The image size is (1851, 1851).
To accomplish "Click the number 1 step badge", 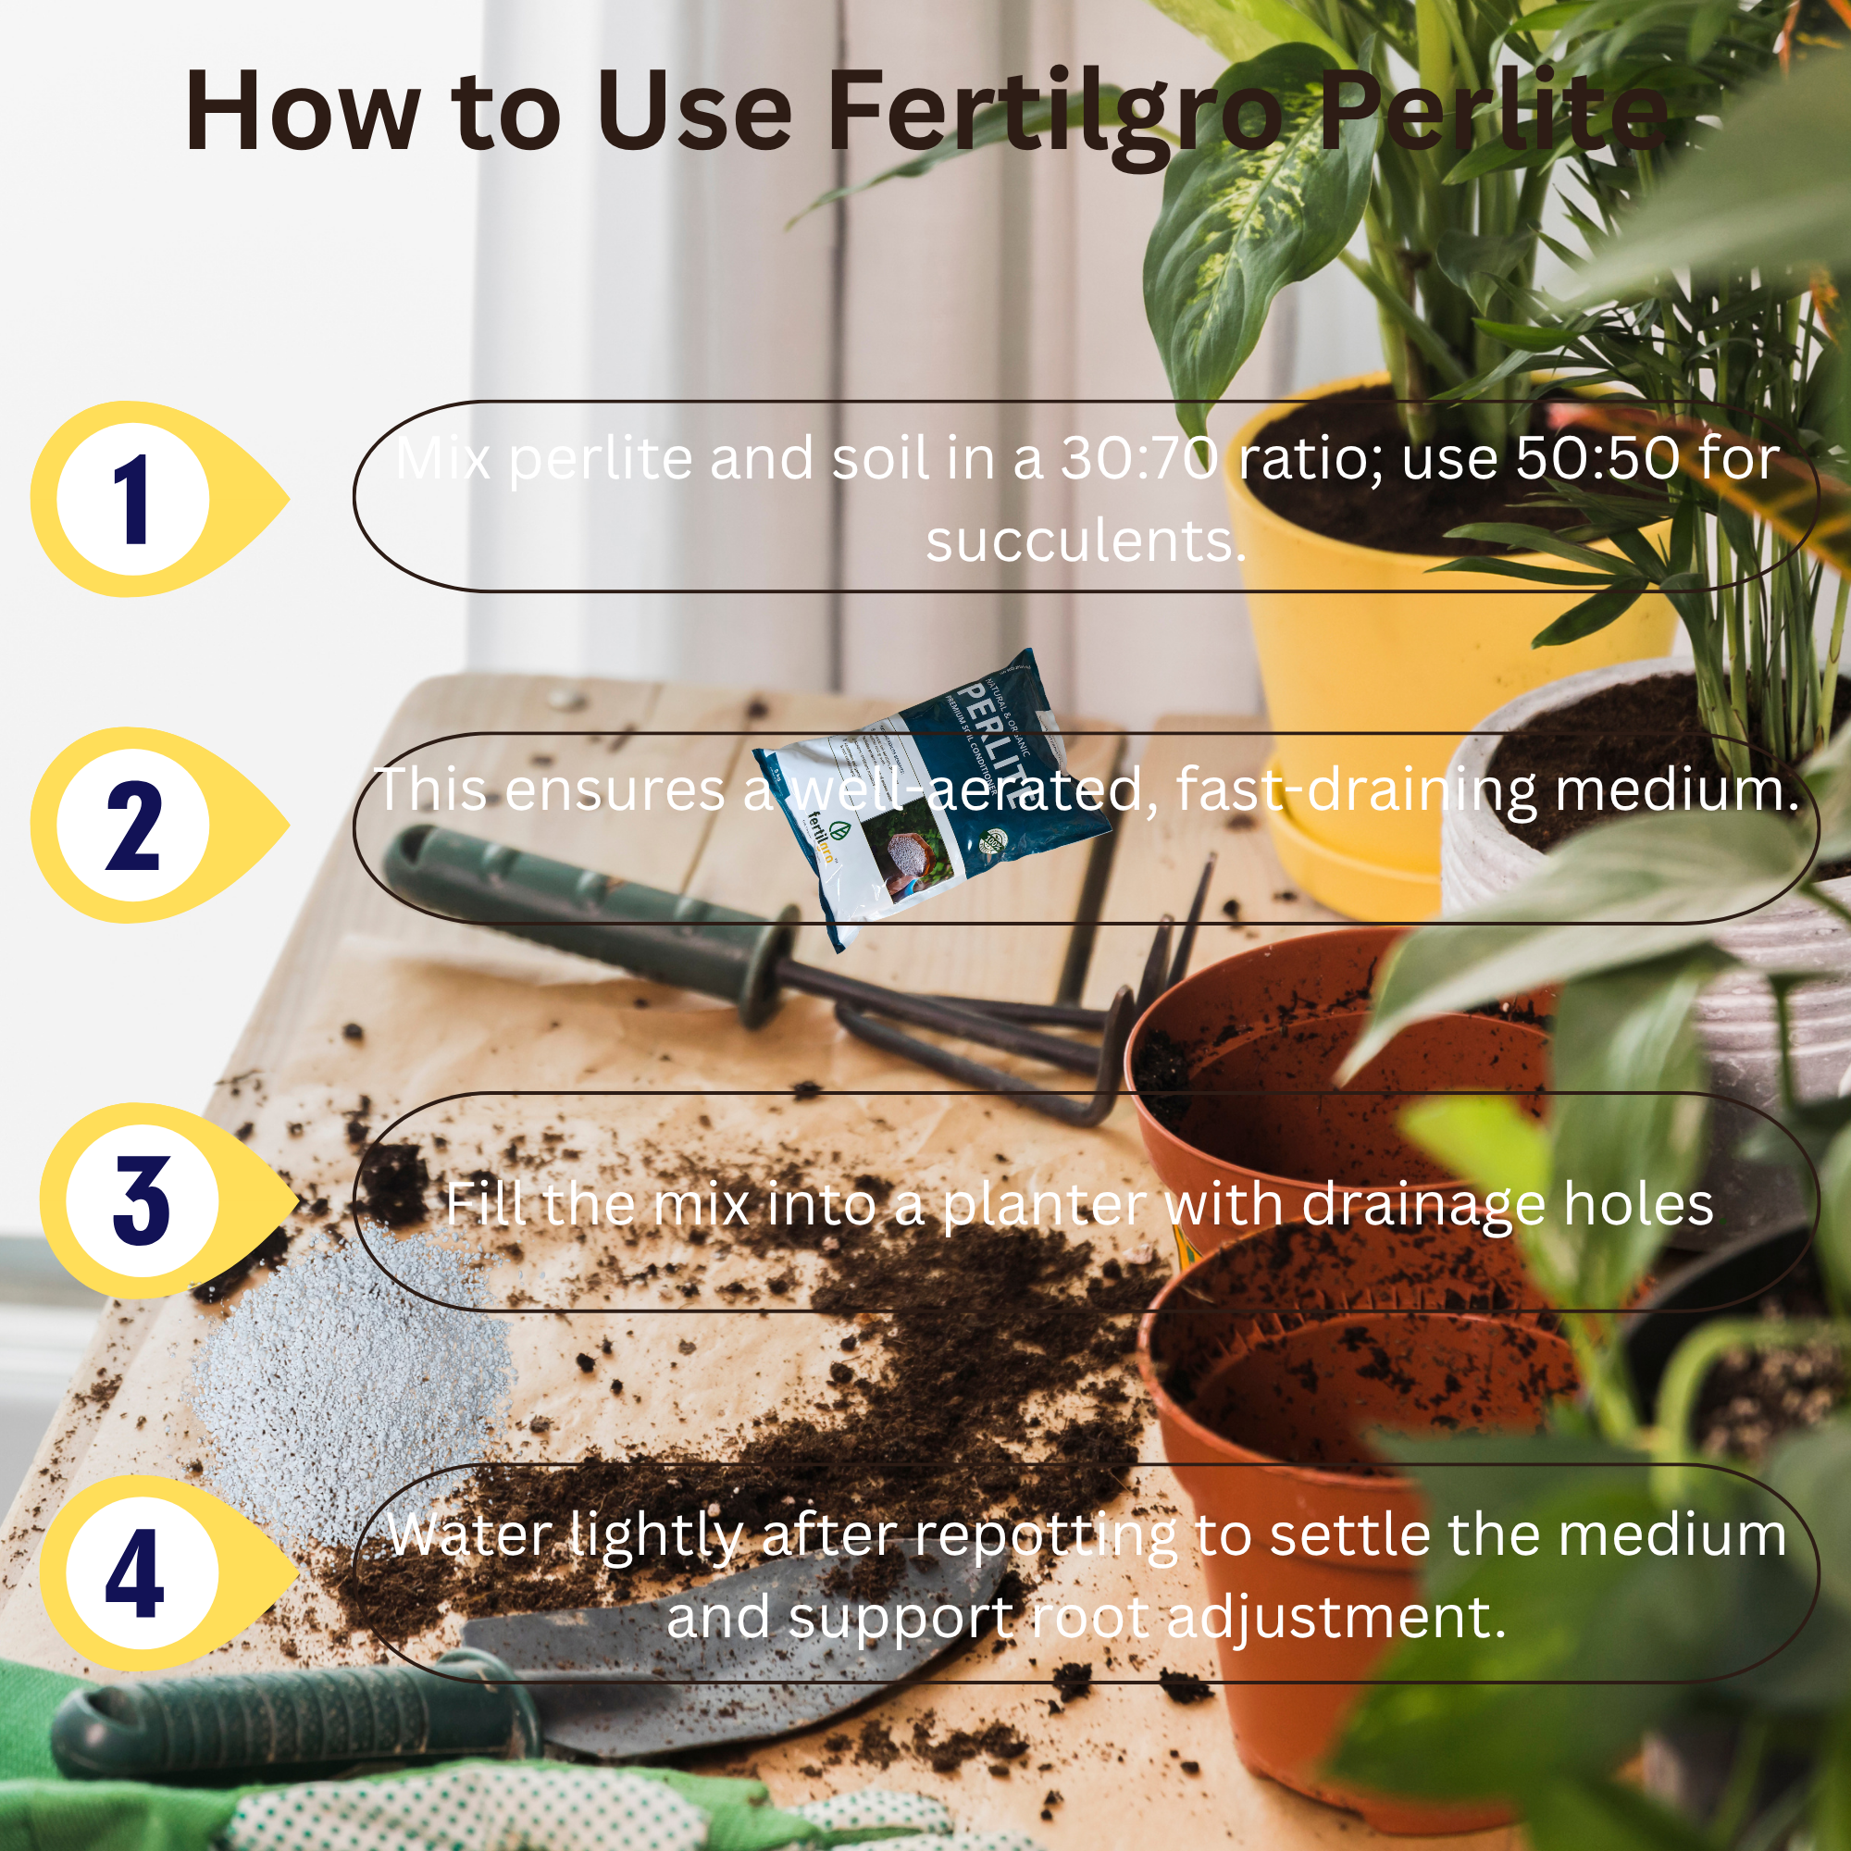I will coord(134,499).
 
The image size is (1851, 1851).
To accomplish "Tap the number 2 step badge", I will coord(134,825).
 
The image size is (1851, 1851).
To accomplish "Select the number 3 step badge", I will coord(143,1200).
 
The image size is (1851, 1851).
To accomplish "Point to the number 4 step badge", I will coord(139,1573).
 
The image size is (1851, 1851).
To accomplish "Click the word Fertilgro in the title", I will coord(1055,113).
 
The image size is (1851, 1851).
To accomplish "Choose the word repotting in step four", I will coord(1045,1535).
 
